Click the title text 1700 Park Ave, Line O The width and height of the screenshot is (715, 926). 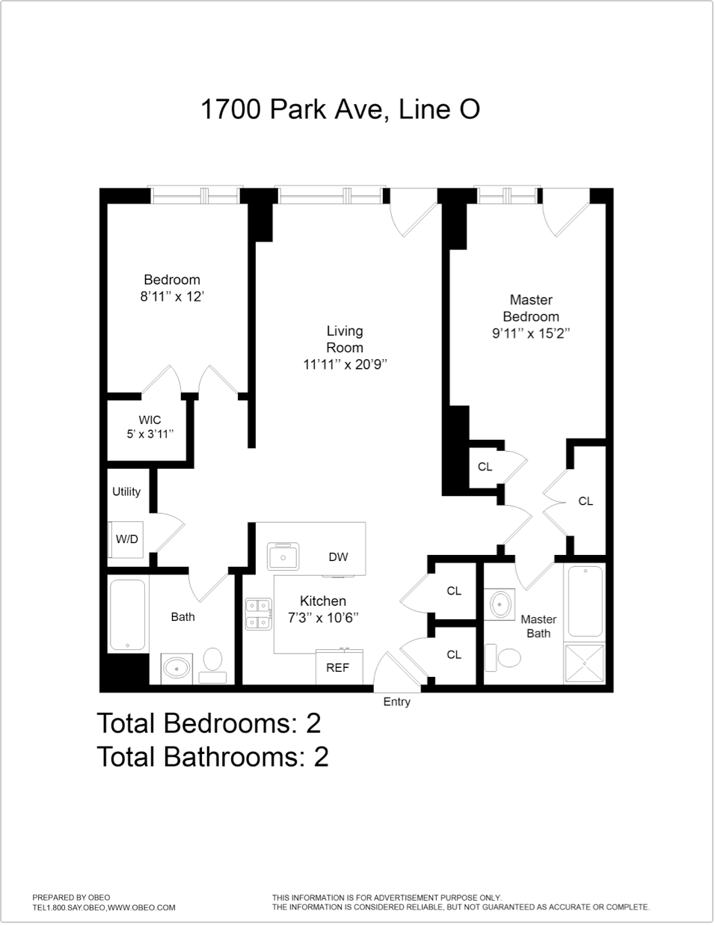coord(340,109)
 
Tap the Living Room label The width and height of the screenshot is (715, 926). coord(345,339)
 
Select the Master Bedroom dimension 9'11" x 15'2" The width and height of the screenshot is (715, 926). coord(531,334)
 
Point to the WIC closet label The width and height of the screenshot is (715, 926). coord(150,420)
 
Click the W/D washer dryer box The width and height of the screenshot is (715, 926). coord(126,539)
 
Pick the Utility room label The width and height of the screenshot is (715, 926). coord(126,491)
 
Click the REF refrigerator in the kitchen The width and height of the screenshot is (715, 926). coord(338,667)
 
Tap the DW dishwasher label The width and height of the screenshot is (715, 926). coord(338,556)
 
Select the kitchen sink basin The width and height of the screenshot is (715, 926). coord(283,556)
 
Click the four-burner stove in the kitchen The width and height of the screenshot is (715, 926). coord(259,613)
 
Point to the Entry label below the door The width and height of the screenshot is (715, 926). coord(396,702)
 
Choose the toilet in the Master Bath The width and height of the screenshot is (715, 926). coord(509,658)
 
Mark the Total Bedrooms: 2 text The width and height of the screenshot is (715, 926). coord(209,723)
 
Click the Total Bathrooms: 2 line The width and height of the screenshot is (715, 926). coord(212,757)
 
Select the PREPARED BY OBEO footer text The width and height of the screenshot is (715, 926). coord(71,898)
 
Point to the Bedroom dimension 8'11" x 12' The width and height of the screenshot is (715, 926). coord(172,297)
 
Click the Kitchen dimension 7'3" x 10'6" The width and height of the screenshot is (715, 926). coord(323,618)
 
